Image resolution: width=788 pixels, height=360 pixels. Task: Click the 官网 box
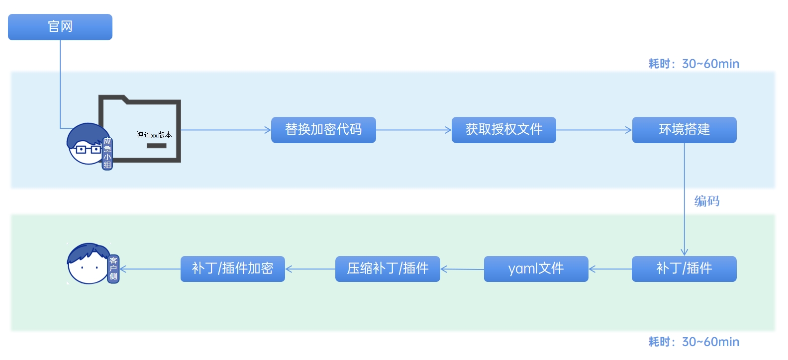60,27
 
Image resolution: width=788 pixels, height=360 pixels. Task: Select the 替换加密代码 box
323,130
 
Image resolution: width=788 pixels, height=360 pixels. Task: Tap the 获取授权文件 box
503,130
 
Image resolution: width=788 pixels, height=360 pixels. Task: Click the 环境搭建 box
684,130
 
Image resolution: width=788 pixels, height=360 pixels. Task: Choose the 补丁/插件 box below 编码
684,269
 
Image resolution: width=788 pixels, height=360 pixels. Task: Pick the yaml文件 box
536,269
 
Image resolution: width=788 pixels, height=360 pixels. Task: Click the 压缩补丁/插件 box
388,269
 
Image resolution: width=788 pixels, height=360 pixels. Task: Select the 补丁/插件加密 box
232,269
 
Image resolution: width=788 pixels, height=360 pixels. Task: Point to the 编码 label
707,201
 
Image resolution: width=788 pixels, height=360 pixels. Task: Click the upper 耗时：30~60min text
693,64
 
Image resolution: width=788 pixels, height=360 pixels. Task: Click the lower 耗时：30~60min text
693,342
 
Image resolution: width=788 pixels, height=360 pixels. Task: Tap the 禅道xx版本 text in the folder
154,135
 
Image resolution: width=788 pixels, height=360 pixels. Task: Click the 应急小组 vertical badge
107,153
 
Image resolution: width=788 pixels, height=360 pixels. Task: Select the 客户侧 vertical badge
113,269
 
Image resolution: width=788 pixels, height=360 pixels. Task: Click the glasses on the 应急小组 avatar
87,149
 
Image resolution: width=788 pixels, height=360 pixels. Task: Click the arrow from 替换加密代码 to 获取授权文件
413,130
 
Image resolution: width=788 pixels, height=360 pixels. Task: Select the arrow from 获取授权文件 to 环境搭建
593,130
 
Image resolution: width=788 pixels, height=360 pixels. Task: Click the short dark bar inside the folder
157,146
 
